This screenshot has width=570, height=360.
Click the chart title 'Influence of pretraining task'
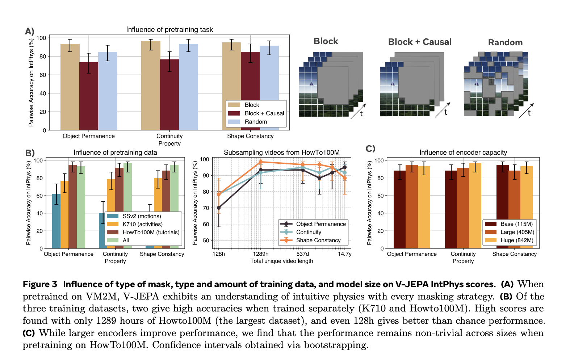169,30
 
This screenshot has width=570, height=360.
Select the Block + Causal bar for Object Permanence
89,96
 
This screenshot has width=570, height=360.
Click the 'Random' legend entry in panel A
256,122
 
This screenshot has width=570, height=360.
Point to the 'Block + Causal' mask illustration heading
420,42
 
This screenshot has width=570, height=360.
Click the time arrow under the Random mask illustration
526,110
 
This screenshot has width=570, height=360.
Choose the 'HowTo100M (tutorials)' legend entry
151,232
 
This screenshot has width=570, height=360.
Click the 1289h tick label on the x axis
261,254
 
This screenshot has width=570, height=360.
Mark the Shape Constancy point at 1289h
261,162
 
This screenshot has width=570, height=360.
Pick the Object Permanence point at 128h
219,208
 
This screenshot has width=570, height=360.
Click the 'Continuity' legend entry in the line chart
309,232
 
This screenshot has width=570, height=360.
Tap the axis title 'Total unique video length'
282,261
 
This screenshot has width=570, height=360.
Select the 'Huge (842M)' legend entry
517,240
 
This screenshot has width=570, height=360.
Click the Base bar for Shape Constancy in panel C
502,206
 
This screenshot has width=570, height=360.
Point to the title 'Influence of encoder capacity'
463,152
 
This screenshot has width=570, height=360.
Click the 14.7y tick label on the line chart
345,254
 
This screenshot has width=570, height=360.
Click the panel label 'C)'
370,149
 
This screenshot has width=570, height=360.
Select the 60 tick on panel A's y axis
43,75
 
